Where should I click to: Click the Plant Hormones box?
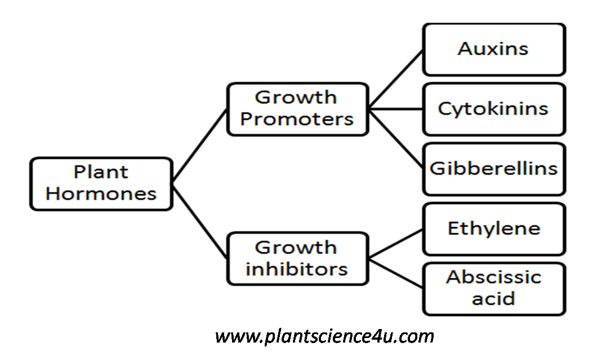tap(101, 184)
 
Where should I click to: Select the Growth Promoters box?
tap(297, 109)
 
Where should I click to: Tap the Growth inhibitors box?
tap(297, 259)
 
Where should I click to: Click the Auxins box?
tap(493, 49)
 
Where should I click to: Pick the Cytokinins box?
tap(493, 109)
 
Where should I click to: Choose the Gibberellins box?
tap(493, 168)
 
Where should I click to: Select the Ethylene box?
tap(493, 229)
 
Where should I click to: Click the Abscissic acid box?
tap(493, 288)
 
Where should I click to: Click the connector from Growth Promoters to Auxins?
tap(396, 78)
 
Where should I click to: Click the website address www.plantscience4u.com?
tap(324, 336)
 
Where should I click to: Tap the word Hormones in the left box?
tap(101, 194)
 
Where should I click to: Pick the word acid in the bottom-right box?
tap(493, 298)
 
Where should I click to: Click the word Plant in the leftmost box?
tap(101, 172)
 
